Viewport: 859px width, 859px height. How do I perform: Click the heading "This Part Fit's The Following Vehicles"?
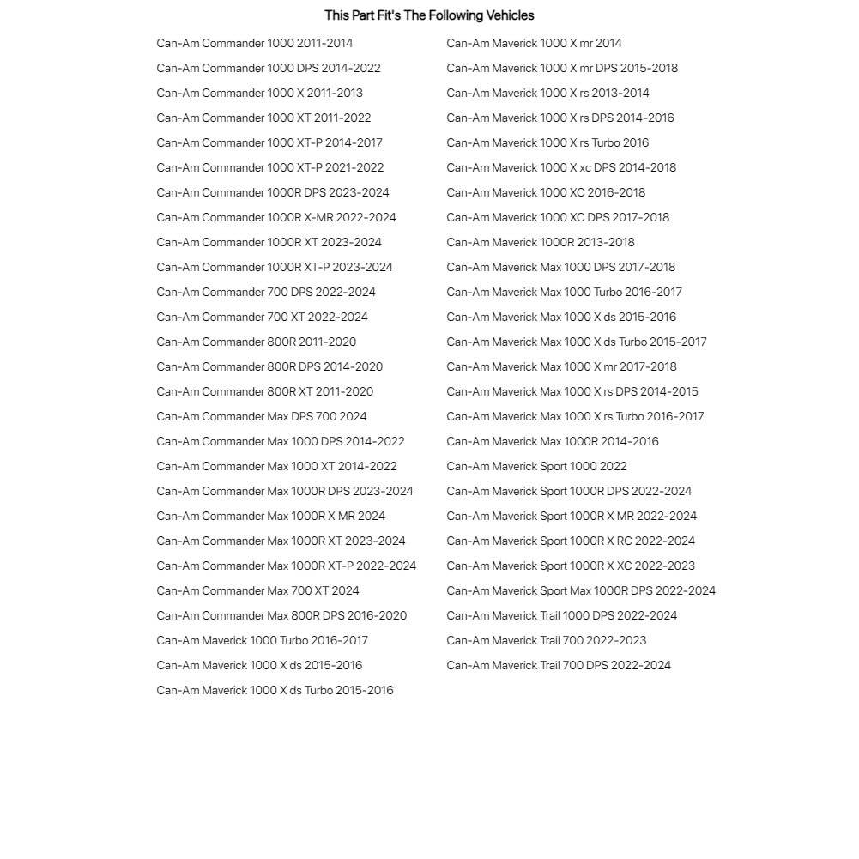[x=429, y=15]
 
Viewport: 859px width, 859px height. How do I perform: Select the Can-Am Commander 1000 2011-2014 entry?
[x=254, y=43]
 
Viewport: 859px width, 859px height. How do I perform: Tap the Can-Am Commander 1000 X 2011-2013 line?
[x=259, y=93]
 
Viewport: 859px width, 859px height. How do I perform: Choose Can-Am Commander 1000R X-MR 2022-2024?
[x=276, y=217]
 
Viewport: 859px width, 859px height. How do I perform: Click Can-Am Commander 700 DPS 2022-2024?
[x=266, y=292]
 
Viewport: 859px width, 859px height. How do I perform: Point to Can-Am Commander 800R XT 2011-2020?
[x=264, y=391]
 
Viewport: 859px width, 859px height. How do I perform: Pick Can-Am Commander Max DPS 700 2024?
[x=262, y=416]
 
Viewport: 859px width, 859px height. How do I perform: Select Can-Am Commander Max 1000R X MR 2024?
[x=271, y=516]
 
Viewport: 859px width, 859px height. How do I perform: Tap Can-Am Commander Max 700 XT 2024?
[x=257, y=590]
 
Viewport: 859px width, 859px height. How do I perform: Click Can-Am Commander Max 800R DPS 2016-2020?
[x=281, y=615]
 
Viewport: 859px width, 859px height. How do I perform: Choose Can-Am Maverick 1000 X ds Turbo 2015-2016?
[x=275, y=690]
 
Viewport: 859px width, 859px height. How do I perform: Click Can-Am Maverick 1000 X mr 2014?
[x=534, y=43]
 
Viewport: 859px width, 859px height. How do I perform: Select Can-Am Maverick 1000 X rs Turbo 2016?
[x=547, y=142]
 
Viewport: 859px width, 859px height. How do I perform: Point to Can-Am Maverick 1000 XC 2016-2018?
[x=546, y=192]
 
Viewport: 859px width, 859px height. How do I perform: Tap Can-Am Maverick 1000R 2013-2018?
[x=541, y=242]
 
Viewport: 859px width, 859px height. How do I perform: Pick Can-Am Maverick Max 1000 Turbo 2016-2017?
[x=564, y=292]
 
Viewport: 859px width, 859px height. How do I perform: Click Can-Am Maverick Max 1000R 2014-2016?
[x=553, y=441]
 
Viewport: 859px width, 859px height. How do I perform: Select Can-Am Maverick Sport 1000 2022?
[x=536, y=466]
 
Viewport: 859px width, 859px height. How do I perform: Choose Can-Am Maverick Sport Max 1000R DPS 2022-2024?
[x=581, y=590]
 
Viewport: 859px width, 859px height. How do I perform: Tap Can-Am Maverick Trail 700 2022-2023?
[x=547, y=640]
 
